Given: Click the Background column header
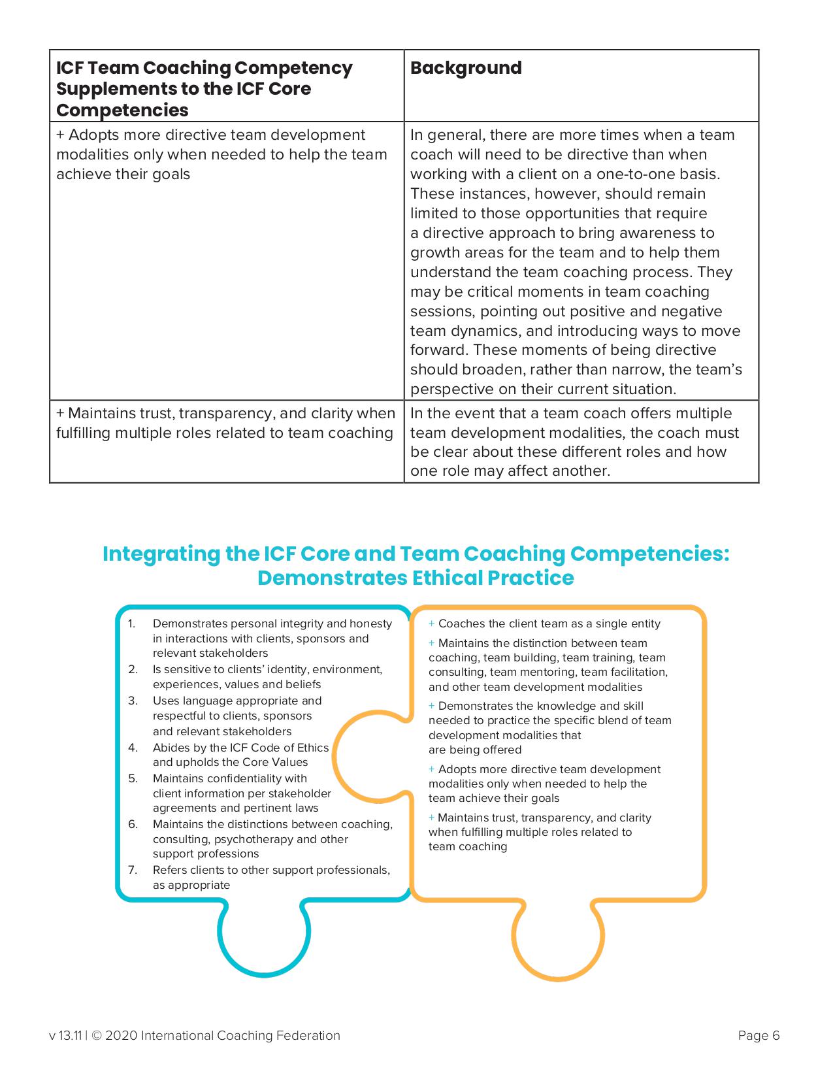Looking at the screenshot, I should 466,68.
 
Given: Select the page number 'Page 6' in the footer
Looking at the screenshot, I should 759,1035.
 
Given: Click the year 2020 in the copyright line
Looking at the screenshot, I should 121,1035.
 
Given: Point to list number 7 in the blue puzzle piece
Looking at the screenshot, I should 133,870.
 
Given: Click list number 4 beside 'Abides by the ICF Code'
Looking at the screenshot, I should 133,748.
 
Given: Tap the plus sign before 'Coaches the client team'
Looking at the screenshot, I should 432,624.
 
